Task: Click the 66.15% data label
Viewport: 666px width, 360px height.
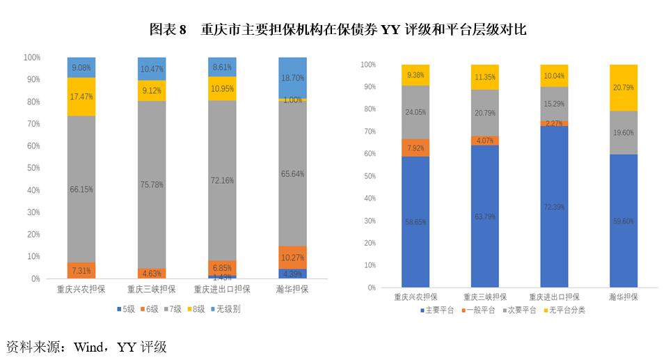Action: (81, 189)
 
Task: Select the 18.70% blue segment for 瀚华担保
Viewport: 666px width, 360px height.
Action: (292, 78)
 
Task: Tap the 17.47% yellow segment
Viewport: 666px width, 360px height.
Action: (81, 97)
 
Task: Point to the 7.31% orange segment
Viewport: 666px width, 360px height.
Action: (81, 270)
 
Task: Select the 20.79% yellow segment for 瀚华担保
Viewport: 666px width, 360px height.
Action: (623, 88)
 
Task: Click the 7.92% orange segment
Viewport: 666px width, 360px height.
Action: (415, 148)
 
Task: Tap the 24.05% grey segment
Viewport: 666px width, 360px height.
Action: (415, 112)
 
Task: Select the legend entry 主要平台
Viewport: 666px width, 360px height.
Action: (438, 310)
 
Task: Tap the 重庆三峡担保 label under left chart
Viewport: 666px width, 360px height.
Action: (152, 288)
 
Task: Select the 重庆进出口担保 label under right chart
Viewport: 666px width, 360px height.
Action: (555, 296)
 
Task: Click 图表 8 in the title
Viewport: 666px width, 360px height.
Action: (168, 30)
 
